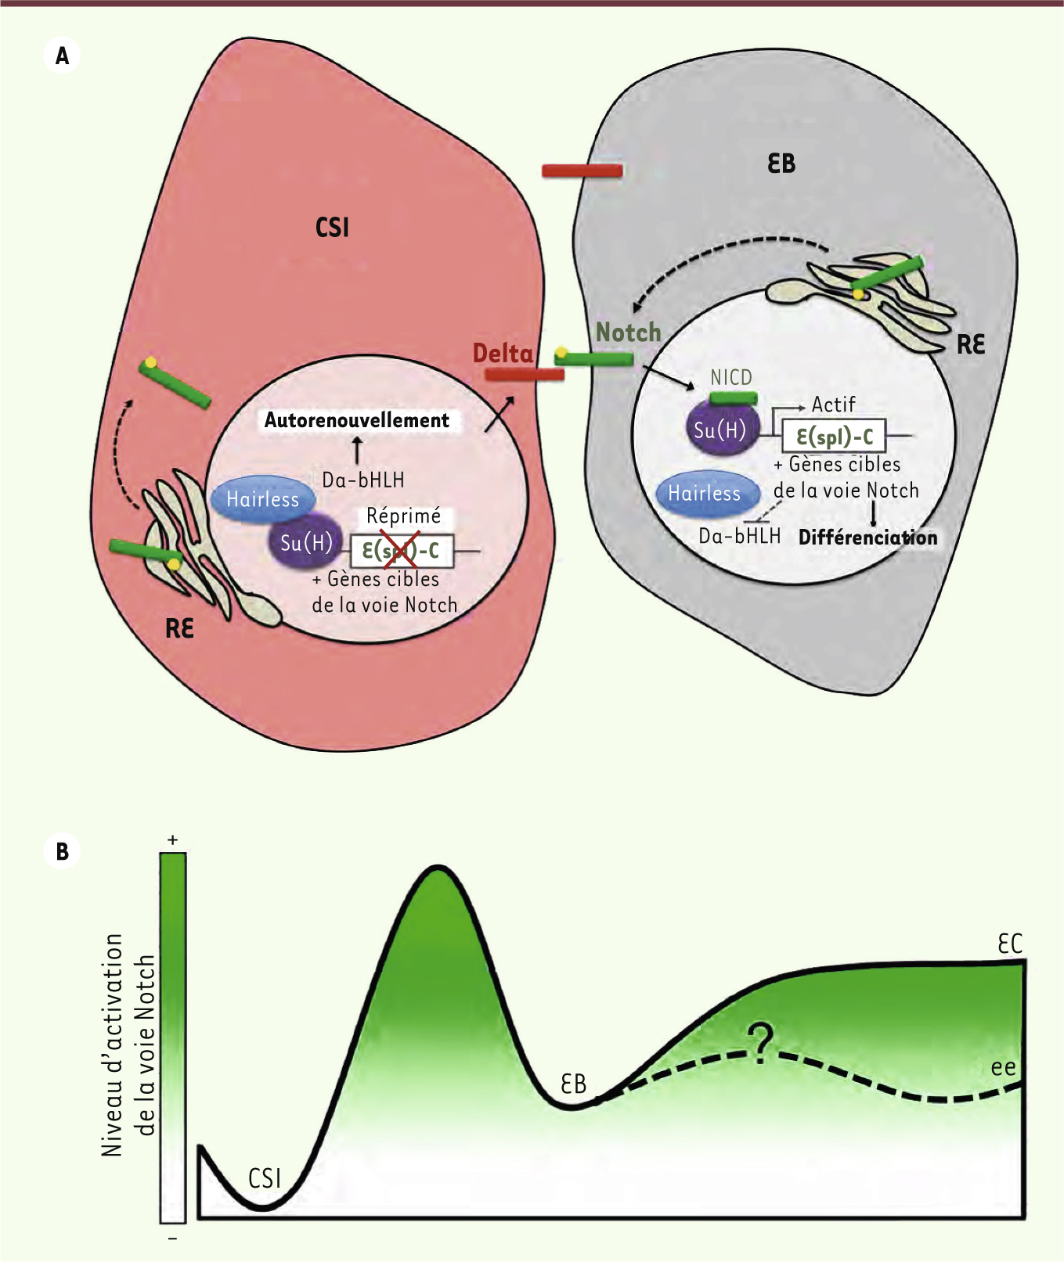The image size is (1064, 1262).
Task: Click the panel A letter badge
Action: coord(63,56)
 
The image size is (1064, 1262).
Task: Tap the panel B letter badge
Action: coord(63,851)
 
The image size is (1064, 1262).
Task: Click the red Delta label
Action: coord(503,354)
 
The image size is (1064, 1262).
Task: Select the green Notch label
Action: coord(629,333)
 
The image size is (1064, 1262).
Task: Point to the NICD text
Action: coord(731,377)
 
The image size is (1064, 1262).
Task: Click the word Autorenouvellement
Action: coord(357,420)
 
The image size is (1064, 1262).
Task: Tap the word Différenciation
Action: coord(867,538)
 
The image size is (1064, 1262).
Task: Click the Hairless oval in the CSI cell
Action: coord(263,499)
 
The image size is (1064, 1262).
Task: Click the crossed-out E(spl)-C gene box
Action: coord(402,551)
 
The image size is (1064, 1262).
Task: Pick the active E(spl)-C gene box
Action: coord(835,436)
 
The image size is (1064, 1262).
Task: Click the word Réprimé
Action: coord(404,516)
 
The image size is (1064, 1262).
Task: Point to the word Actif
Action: coord(833,404)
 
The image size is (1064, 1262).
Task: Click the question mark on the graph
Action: coord(759,1043)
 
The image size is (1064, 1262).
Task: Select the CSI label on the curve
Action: coord(265,1178)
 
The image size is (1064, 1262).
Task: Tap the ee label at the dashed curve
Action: coord(1004,1067)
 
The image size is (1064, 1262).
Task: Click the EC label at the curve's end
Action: coord(1010,944)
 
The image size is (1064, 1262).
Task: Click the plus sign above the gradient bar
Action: coord(172,840)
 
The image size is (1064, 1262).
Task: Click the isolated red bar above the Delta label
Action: coord(582,171)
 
